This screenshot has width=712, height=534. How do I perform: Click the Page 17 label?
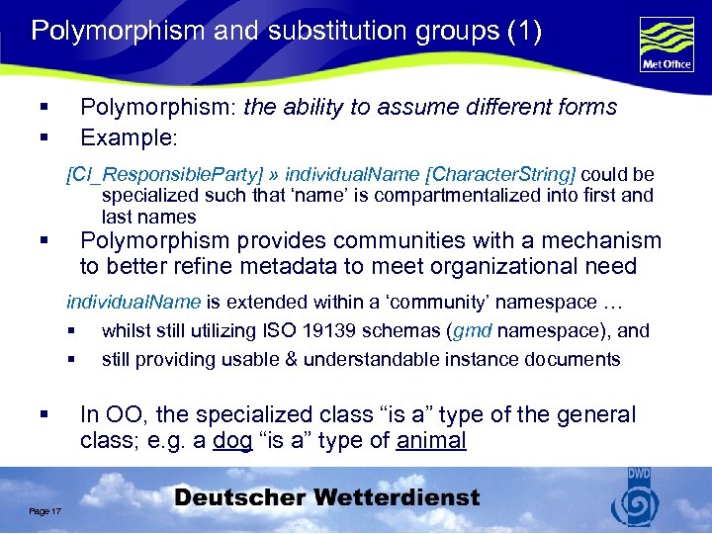(x=45, y=510)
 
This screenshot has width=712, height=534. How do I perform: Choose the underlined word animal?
(x=431, y=441)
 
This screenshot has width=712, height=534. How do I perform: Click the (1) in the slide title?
(x=523, y=31)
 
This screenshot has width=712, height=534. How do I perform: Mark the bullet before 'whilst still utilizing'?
(x=72, y=331)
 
